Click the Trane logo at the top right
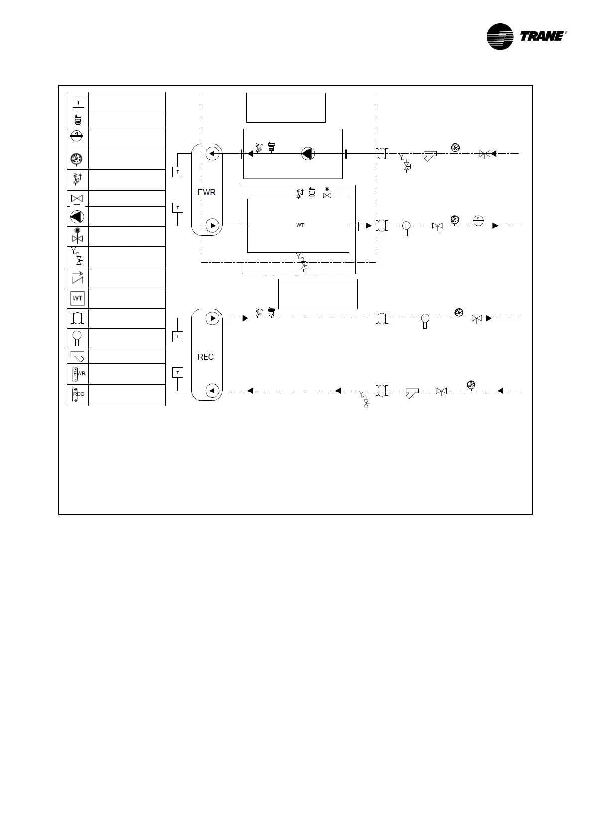click(527, 37)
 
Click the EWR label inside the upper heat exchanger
click(207, 192)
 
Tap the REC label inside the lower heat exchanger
click(206, 357)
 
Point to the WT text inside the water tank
click(300, 225)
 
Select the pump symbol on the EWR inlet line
click(308, 154)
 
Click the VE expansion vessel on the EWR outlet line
click(478, 220)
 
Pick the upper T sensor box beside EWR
click(178, 172)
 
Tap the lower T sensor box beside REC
click(178, 373)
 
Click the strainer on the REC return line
click(412, 393)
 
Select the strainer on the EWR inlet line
click(430, 156)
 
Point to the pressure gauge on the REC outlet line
click(458, 313)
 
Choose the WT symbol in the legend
click(78, 298)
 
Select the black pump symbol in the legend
click(77, 217)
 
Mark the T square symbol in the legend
click(78, 103)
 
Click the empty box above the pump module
click(286, 107)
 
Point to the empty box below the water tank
click(318, 294)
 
